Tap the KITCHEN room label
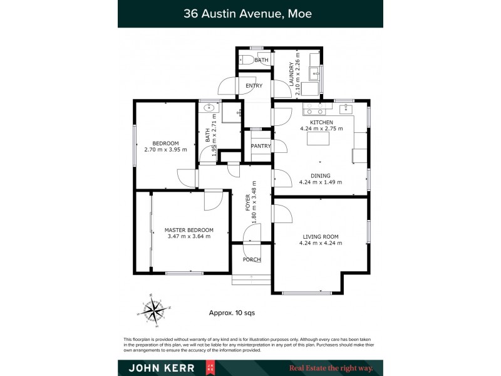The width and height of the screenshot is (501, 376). point(321,122)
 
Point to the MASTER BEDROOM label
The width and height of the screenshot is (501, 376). point(189,230)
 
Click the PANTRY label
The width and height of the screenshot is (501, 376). point(261,146)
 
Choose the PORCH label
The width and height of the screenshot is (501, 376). point(252,259)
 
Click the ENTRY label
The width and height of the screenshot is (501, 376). point(254,86)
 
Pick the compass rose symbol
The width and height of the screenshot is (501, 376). point(154,308)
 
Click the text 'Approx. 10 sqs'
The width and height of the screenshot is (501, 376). point(231,312)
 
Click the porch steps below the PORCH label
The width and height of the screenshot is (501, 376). point(250,279)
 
